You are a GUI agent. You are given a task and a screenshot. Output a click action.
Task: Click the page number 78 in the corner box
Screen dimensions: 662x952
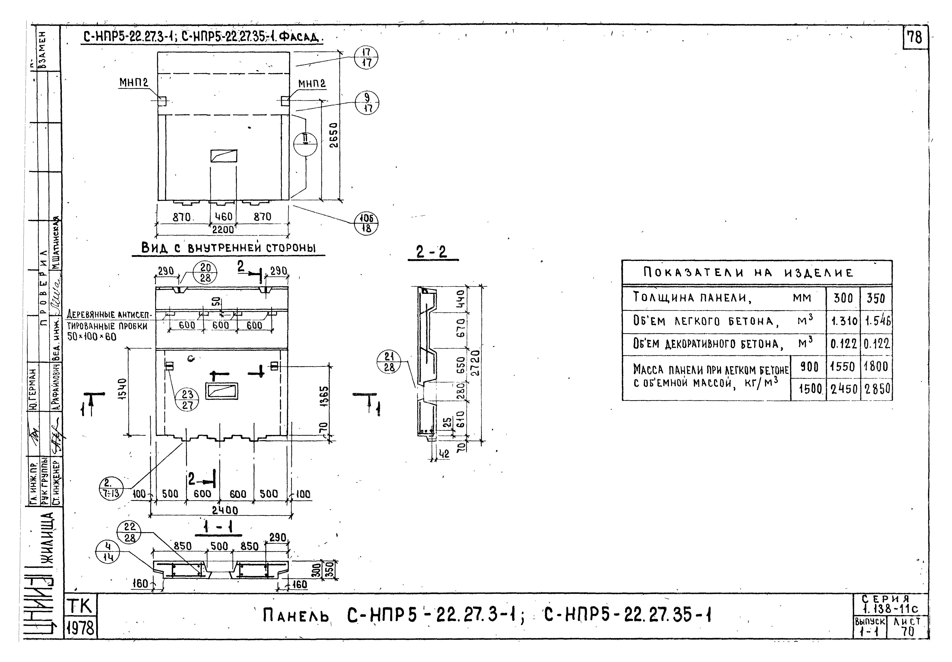915,38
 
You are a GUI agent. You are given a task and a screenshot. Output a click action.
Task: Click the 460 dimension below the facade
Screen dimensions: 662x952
223,216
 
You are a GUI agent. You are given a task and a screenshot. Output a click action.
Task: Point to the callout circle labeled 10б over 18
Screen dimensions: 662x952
366,224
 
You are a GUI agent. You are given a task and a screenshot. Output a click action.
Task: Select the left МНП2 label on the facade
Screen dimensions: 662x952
134,83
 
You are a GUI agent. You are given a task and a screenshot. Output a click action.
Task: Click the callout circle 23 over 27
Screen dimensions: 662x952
188,400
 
